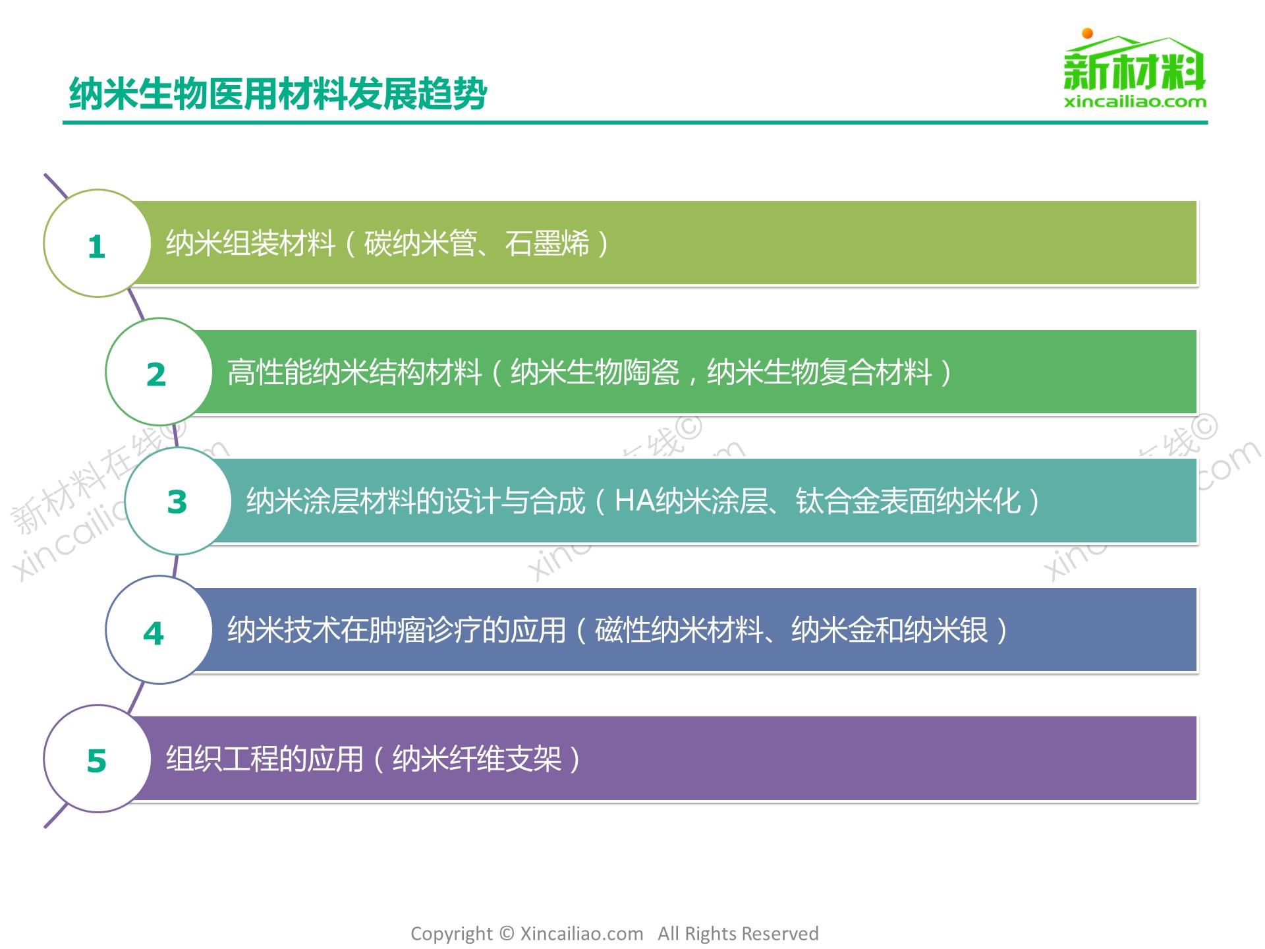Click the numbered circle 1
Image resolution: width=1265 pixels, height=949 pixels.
(98, 243)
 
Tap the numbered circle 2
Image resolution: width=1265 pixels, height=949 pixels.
(159, 372)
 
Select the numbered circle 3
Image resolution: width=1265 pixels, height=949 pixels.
(179, 501)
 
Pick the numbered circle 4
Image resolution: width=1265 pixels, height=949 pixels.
(159, 629)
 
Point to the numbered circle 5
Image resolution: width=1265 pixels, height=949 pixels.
(98, 759)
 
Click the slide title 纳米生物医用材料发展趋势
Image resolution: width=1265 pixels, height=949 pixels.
(278, 94)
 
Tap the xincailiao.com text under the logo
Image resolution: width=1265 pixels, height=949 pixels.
(1135, 101)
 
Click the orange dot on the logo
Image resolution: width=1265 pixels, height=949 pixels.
(1088, 33)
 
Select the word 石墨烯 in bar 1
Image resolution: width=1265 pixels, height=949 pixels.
(547, 243)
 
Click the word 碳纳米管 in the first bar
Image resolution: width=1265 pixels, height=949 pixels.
(420, 243)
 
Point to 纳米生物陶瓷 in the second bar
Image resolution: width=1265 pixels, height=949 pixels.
(595, 372)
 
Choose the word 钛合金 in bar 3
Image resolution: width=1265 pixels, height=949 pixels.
(837, 501)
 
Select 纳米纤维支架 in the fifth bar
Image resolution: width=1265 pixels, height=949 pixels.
(476, 759)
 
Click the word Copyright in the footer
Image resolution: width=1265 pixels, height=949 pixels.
(451, 935)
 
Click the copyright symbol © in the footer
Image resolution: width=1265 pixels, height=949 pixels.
(506, 933)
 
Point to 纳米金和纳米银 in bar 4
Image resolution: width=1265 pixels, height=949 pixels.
(889, 630)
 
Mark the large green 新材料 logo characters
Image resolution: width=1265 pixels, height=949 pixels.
(1135, 71)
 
